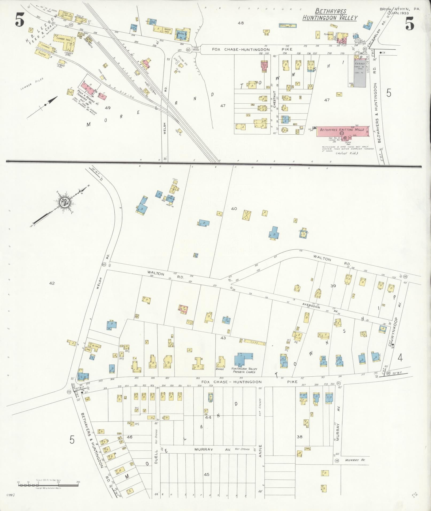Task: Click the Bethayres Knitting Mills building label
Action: tap(341, 130)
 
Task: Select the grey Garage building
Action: tap(360, 72)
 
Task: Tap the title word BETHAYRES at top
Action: tap(331, 11)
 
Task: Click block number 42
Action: tap(52, 283)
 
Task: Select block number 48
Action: tap(241, 23)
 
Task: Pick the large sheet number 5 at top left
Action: tap(20, 20)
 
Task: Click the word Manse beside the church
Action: tap(219, 369)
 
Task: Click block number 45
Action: tap(206, 474)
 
